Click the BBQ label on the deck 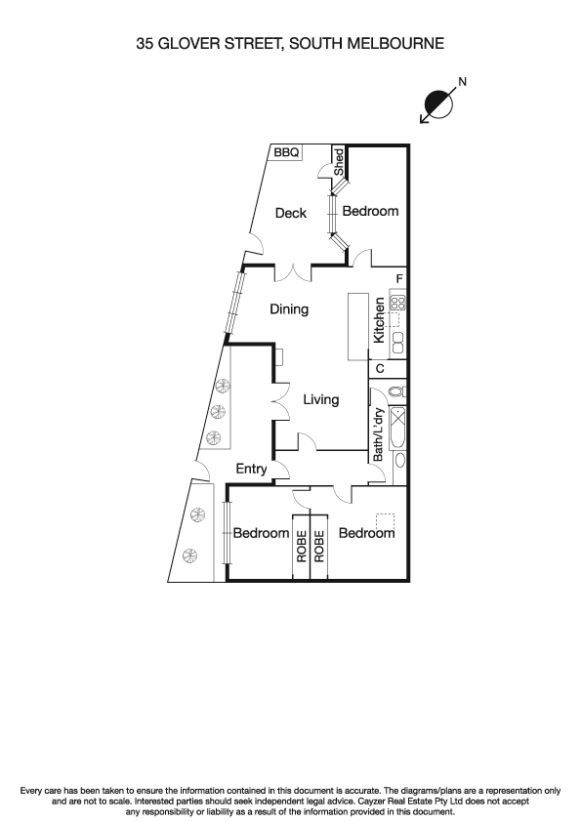pyautogui.click(x=286, y=153)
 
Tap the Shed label pyautogui.click(x=339, y=162)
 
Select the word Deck pyautogui.click(x=290, y=213)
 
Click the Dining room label pyautogui.click(x=289, y=309)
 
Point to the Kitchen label pyautogui.click(x=379, y=321)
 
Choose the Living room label pyautogui.click(x=320, y=399)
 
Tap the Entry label pyautogui.click(x=251, y=470)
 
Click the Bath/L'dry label pyautogui.click(x=378, y=433)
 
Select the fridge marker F pyautogui.click(x=398, y=279)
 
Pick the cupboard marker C pyautogui.click(x=379, y=369)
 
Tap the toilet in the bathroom pyautogui.click(x=395, y=391)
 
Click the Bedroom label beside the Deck pyautogui.click(x=370, y=211)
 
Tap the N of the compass pyautogui.click(x=462, y=82)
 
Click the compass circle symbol pyautogui.click(x=439, y=102)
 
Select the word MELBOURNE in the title pyautogui.click(x=394, y=43)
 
